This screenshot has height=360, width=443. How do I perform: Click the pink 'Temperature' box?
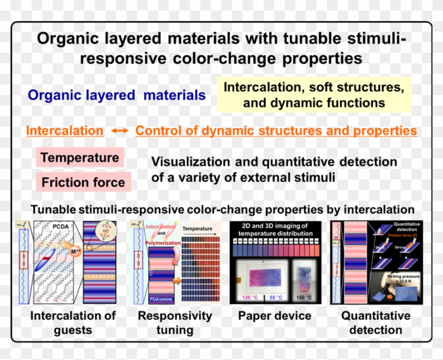[80, 158]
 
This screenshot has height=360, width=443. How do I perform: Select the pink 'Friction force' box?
[83, 183]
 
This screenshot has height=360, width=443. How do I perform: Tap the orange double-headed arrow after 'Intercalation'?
[120, 131]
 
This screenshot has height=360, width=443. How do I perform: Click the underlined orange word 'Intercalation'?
[64, 131]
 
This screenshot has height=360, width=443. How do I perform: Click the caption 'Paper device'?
[275, 316]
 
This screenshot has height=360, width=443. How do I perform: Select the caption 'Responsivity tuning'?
[175, 323]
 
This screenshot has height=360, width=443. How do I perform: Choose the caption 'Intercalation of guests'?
[73, 323]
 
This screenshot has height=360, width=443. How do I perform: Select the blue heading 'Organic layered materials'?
[117, 95]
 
